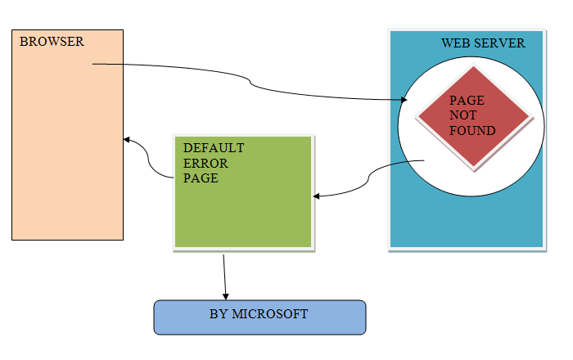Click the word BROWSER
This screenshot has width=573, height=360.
[52, 41]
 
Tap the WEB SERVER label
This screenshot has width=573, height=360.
[483, 43]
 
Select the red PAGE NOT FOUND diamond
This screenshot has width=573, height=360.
[474, 119]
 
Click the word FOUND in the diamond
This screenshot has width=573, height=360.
[472, 131]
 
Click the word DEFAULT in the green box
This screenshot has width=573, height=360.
[214, 148]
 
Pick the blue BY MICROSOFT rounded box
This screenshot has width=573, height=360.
[259, 317]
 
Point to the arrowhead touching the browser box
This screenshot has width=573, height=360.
[127, 140]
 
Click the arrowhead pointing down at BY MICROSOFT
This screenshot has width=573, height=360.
[226, 295]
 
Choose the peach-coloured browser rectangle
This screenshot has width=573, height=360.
[67, 147]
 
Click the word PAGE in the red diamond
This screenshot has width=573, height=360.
[466, 101]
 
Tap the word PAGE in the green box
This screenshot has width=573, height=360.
[201, 178]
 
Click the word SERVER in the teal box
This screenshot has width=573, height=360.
[501, 43]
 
